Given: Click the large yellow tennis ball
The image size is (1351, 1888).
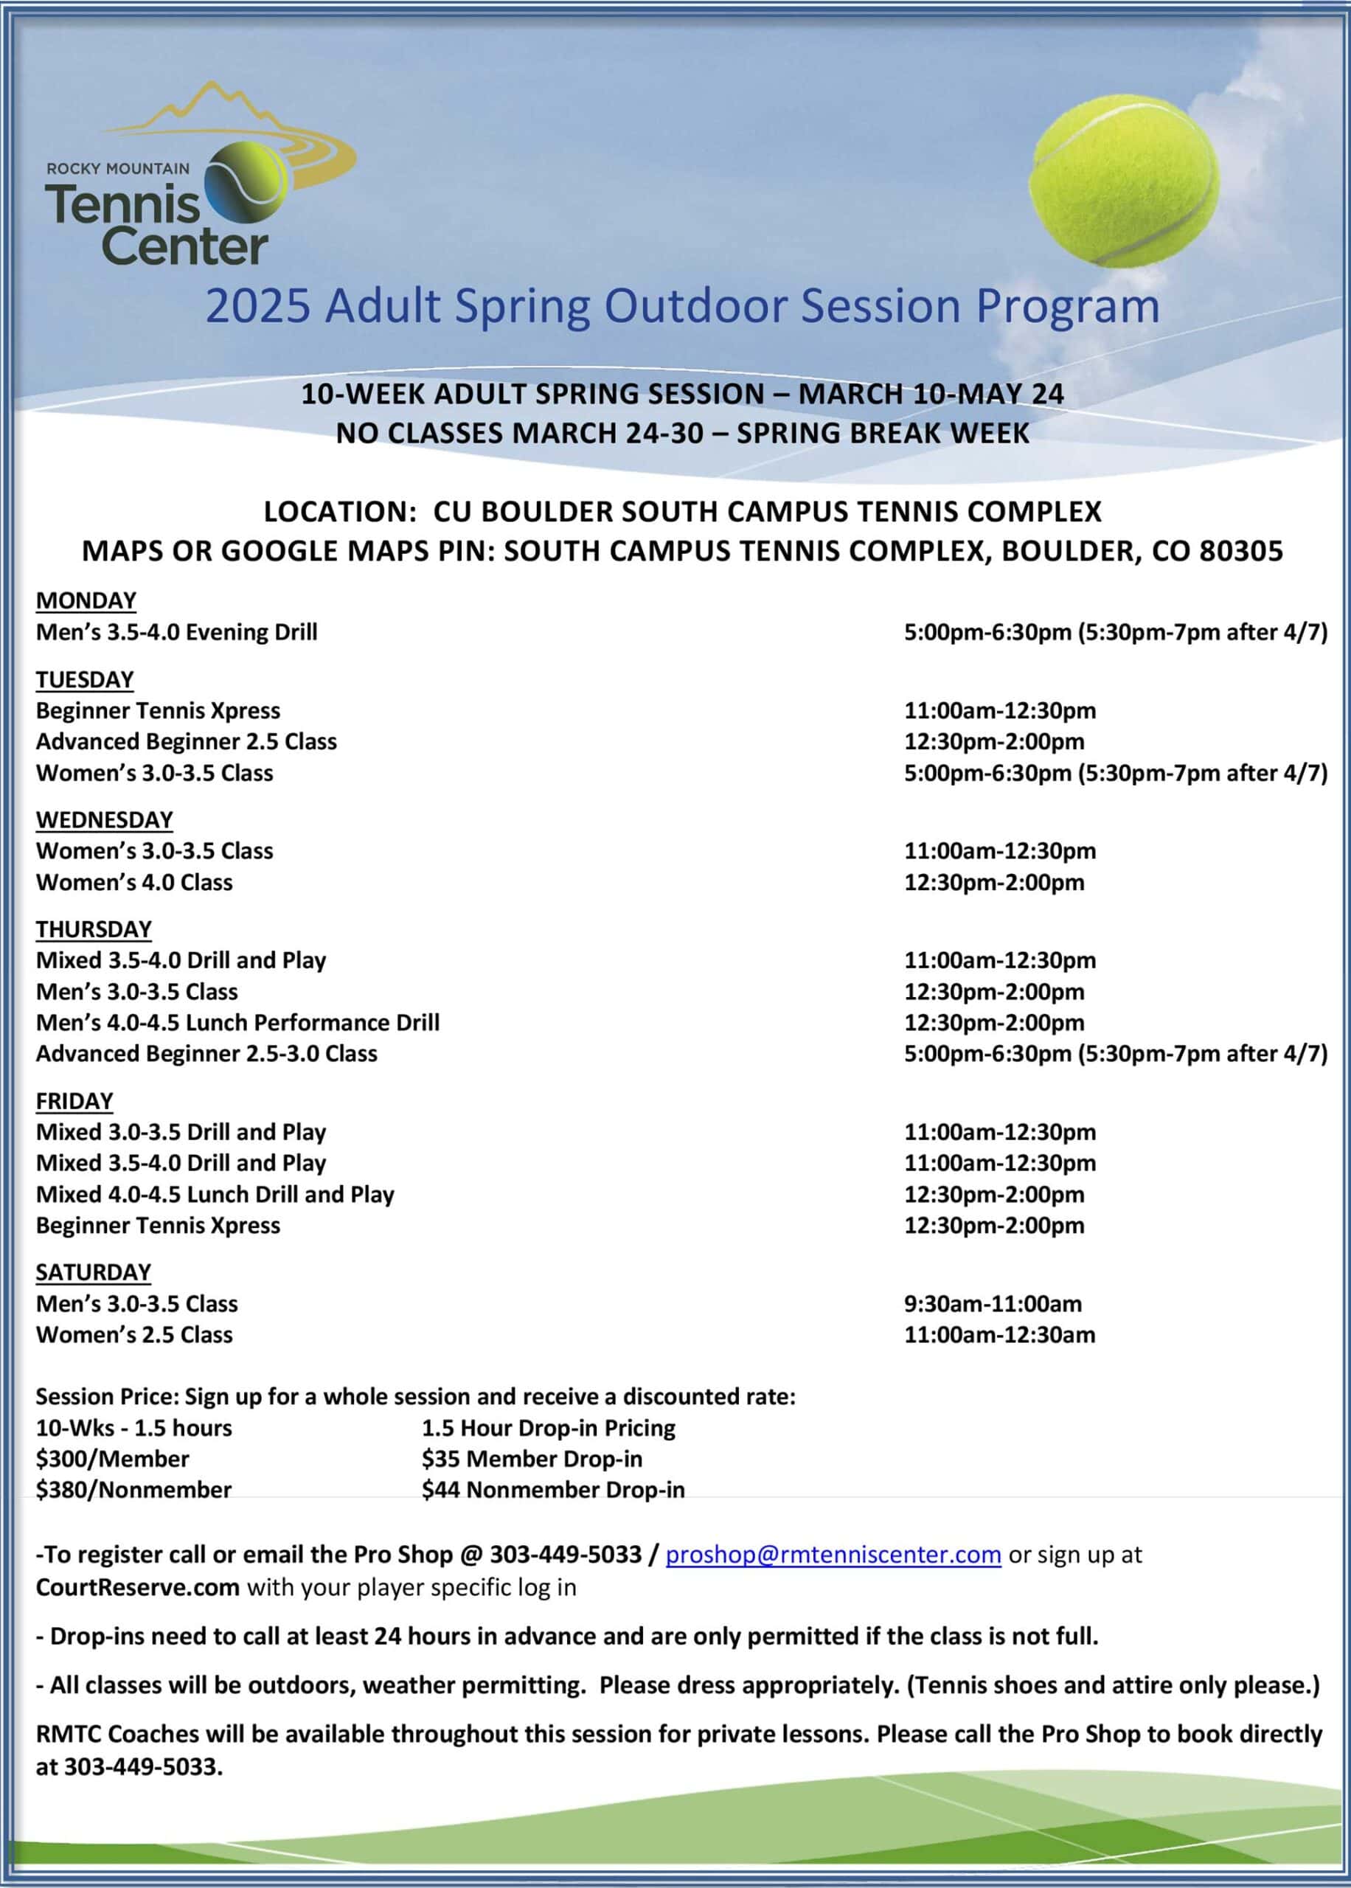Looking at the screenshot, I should [1124, 181].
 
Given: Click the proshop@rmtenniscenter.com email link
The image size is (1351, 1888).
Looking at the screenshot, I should [833, 1555].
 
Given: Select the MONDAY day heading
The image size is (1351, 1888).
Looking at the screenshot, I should [86, 600].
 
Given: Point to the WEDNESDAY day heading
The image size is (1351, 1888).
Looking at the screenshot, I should [104, 820].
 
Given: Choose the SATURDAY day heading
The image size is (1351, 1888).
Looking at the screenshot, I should [93, 1272].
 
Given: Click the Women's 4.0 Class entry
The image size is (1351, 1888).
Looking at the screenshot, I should [134, 883].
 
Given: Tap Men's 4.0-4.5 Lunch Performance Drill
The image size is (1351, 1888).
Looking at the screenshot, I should [237, 1023].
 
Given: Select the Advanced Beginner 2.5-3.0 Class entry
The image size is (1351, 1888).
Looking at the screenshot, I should [206, 1054].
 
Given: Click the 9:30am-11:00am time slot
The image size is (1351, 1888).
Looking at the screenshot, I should [993, 1304].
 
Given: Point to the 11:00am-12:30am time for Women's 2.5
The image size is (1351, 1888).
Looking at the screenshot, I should [999, 1335].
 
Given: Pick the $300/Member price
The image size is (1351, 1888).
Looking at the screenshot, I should [112, 1459].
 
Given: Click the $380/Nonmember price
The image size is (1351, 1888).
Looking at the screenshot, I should [133, 1490].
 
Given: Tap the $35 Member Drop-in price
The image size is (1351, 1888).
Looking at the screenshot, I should [532, 1459].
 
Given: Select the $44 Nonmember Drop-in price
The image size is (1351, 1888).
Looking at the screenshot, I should [552, 1490].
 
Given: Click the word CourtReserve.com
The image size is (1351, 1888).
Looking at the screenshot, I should [137, 1588].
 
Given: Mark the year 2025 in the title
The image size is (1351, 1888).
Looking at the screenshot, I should [258, 306].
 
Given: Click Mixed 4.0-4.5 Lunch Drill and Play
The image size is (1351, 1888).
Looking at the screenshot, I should [215, 1194].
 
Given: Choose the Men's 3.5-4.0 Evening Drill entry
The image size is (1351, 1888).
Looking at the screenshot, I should [176, 632].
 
